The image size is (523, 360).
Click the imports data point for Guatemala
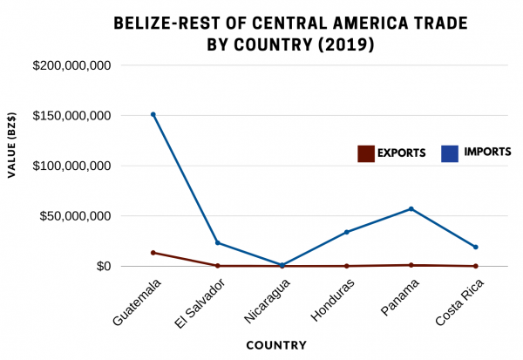(153, 114)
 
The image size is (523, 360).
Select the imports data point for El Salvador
(218, 242)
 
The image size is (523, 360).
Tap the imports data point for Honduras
(346, 232)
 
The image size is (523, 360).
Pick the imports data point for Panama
(411, 208)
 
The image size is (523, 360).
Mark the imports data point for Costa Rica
(475, 247)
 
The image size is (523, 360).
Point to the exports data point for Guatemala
(153, 253)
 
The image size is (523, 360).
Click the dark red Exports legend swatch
(366, 153)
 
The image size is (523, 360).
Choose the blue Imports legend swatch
(450, 153)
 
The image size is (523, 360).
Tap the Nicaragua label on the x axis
(263, 302)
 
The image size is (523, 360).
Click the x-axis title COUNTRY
(276, 345)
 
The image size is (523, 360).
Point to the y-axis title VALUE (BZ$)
(11, 147)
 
